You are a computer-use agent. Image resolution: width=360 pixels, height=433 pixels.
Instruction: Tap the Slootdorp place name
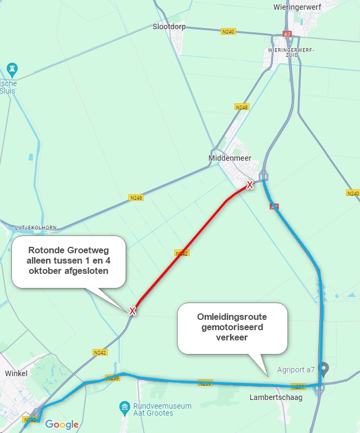[168, 25]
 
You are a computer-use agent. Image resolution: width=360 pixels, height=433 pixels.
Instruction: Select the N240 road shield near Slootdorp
[228, 32]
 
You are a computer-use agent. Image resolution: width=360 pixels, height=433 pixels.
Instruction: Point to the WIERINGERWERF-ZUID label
[291, 53]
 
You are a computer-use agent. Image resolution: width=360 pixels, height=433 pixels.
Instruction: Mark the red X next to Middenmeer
[250, 185]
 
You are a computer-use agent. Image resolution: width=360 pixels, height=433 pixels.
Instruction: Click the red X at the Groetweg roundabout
[132, 311]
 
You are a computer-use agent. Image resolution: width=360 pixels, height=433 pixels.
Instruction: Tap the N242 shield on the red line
[181, 253]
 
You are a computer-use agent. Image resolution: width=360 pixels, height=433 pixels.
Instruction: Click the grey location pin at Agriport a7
[324, 369]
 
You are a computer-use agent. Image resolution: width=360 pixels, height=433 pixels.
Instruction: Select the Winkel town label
[16, 373]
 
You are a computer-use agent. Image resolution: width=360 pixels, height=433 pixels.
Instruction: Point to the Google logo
[62, 424]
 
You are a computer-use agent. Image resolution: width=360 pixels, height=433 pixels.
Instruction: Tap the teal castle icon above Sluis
[12, 69]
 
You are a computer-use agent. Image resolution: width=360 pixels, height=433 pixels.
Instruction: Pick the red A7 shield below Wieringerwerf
[287, 34]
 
